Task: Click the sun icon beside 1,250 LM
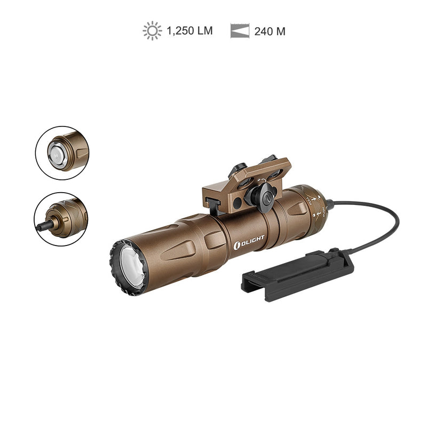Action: pyautogui.click(x=152, y=31)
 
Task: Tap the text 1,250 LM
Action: pyautogui.click(x=189, y=31)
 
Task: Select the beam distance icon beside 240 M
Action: pyautogui.click(x=240, y=31)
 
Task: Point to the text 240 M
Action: pyautogui.click(x=270, y=31)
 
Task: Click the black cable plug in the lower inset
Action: pyautogui.click(x=43, y=226)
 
